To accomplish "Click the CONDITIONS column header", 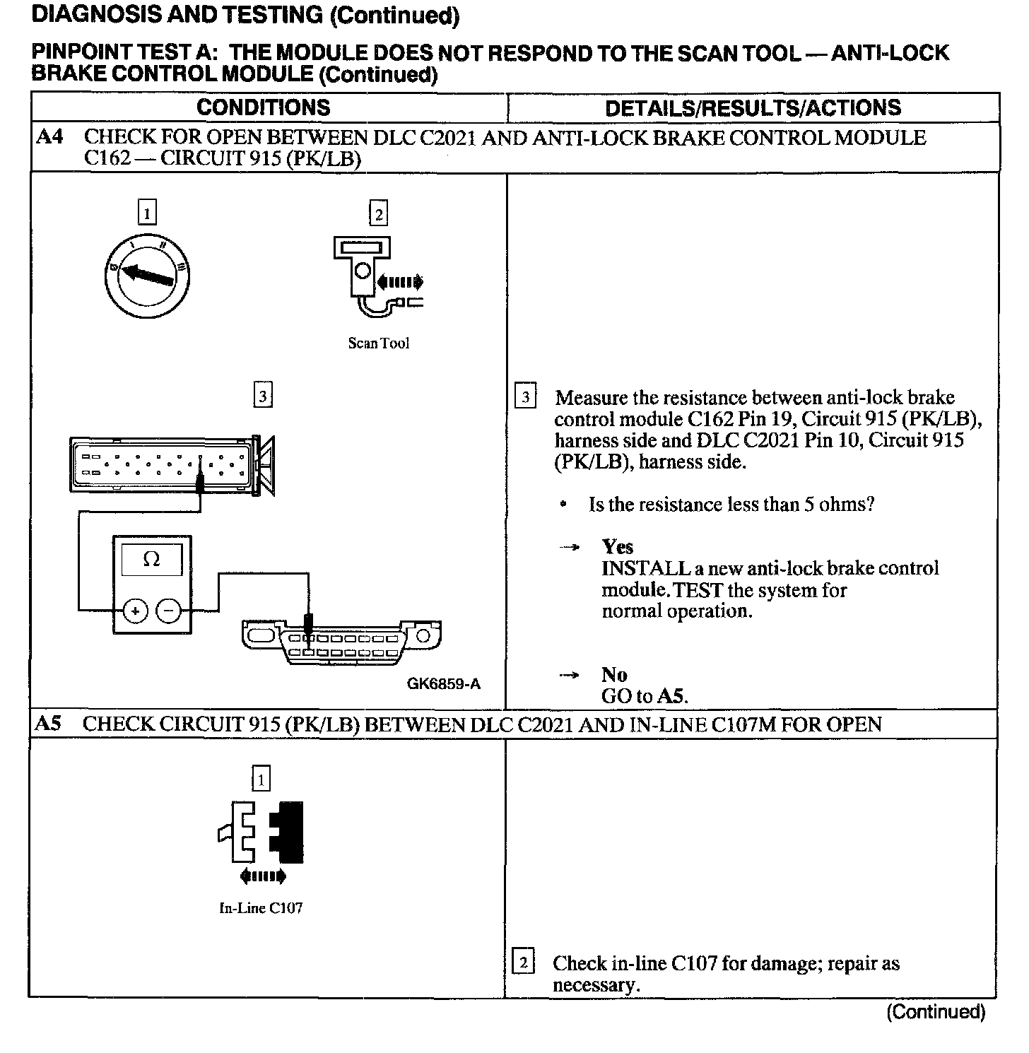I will click(x=263, y=107).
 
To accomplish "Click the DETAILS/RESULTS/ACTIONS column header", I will click(x=753, y=107).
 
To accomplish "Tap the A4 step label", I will click(x=49, y=137).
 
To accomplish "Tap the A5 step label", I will click(x=49, y=724).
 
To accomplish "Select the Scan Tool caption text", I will click(x=378, y=343).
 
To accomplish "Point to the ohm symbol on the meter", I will click(x=151, y=560).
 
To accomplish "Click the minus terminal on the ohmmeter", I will click(x=168, y=611).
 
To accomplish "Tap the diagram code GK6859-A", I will click(x=443, y=683).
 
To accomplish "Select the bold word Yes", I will click(x=617, y=547).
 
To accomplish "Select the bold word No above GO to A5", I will click(x=614, y=675).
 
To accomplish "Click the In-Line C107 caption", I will click(x=261, y=908).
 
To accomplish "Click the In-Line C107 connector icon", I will click(x=261, y=832).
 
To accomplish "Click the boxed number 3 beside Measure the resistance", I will click(x=525, y=397).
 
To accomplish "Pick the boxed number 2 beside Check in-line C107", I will click(x=523, y=963).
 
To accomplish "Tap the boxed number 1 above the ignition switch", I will click(x=146, y=213).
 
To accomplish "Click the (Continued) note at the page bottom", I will click(x=935, y=1012).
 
